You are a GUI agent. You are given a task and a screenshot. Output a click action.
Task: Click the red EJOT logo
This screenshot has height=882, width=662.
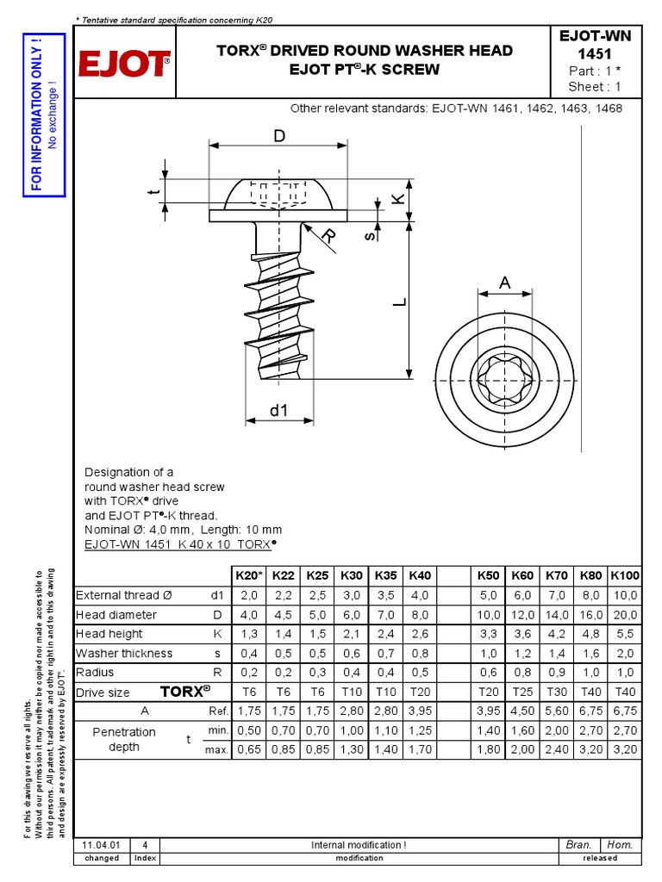[x=125, y=63]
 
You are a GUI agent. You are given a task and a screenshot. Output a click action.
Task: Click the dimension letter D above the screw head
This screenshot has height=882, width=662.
[x=278, y=137]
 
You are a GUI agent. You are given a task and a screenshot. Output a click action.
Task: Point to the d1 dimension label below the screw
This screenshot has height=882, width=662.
[x=278, y=411]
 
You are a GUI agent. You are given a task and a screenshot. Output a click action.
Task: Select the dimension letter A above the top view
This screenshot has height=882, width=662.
[x=504, y=283]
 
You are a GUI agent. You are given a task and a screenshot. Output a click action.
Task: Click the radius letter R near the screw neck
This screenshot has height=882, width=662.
[x=328, y=236]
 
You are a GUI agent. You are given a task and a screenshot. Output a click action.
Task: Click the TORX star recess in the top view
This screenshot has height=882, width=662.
[x=504, y=378]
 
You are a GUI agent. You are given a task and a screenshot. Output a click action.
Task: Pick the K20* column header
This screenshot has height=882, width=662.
[x=248, y=575]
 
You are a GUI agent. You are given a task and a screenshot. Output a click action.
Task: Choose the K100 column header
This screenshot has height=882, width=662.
[x=625, y=575]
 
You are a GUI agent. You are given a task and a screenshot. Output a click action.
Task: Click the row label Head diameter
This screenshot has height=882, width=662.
[x=116, y=615]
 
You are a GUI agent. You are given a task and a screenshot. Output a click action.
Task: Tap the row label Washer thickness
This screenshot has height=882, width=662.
[x=124, y=654]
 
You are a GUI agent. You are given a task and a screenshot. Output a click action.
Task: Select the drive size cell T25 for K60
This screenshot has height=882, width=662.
[x=522, y=693]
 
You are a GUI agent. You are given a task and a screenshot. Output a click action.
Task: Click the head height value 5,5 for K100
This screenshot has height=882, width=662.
[x=625, y=635]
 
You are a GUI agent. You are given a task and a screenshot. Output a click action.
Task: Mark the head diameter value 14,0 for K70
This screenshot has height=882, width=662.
[x=557, y=615]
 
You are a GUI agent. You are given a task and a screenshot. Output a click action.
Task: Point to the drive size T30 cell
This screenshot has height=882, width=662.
[x=557, y=693]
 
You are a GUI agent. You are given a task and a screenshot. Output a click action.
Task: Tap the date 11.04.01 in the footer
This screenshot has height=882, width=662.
[x=102, y=845]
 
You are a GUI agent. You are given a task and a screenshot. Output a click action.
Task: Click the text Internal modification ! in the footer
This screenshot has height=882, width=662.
[x=358, y=845]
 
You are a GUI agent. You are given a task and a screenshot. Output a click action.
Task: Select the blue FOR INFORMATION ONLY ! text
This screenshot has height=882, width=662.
[x=36, y=114]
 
